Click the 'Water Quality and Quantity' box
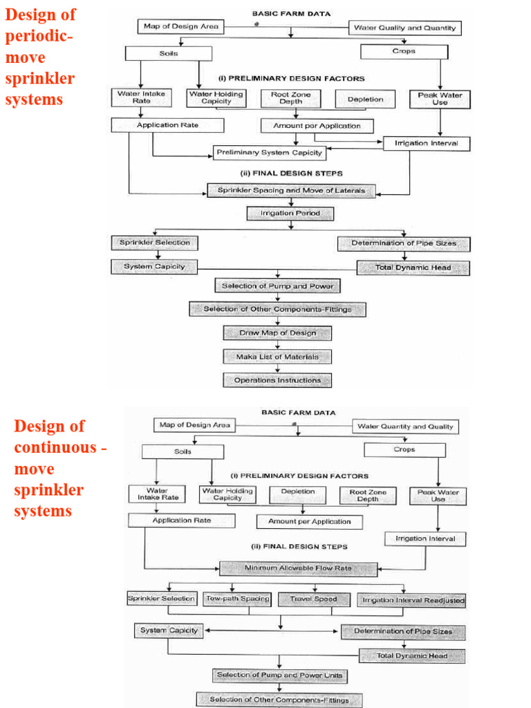click(x=404, y=28)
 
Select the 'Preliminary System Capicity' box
click(x=269, y=152)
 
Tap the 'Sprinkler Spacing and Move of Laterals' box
click(x=291, y=190)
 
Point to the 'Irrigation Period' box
click(x=290, y=214)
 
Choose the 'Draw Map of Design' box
click(x=277, y=333)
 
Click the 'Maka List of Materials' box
click(x=277, y=357)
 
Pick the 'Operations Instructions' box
click(x=277, y=380)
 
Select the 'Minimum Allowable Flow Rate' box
click(x=299, y=568)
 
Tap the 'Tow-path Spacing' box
click(x=236, y=599)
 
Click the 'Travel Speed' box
click(x=313, y=599)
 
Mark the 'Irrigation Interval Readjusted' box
click(x=413, y=600)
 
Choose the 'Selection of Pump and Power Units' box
click(x=279, y=675)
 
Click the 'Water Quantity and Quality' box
click(x=405, y=427)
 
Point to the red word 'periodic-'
click(x=38, y=35)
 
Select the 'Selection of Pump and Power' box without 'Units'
click(x=277, y=286)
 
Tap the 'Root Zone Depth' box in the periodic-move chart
click(x=291, y=98)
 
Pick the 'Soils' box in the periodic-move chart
click(x=168, y=53)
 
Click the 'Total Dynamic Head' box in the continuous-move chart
click(x=411, y=655)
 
